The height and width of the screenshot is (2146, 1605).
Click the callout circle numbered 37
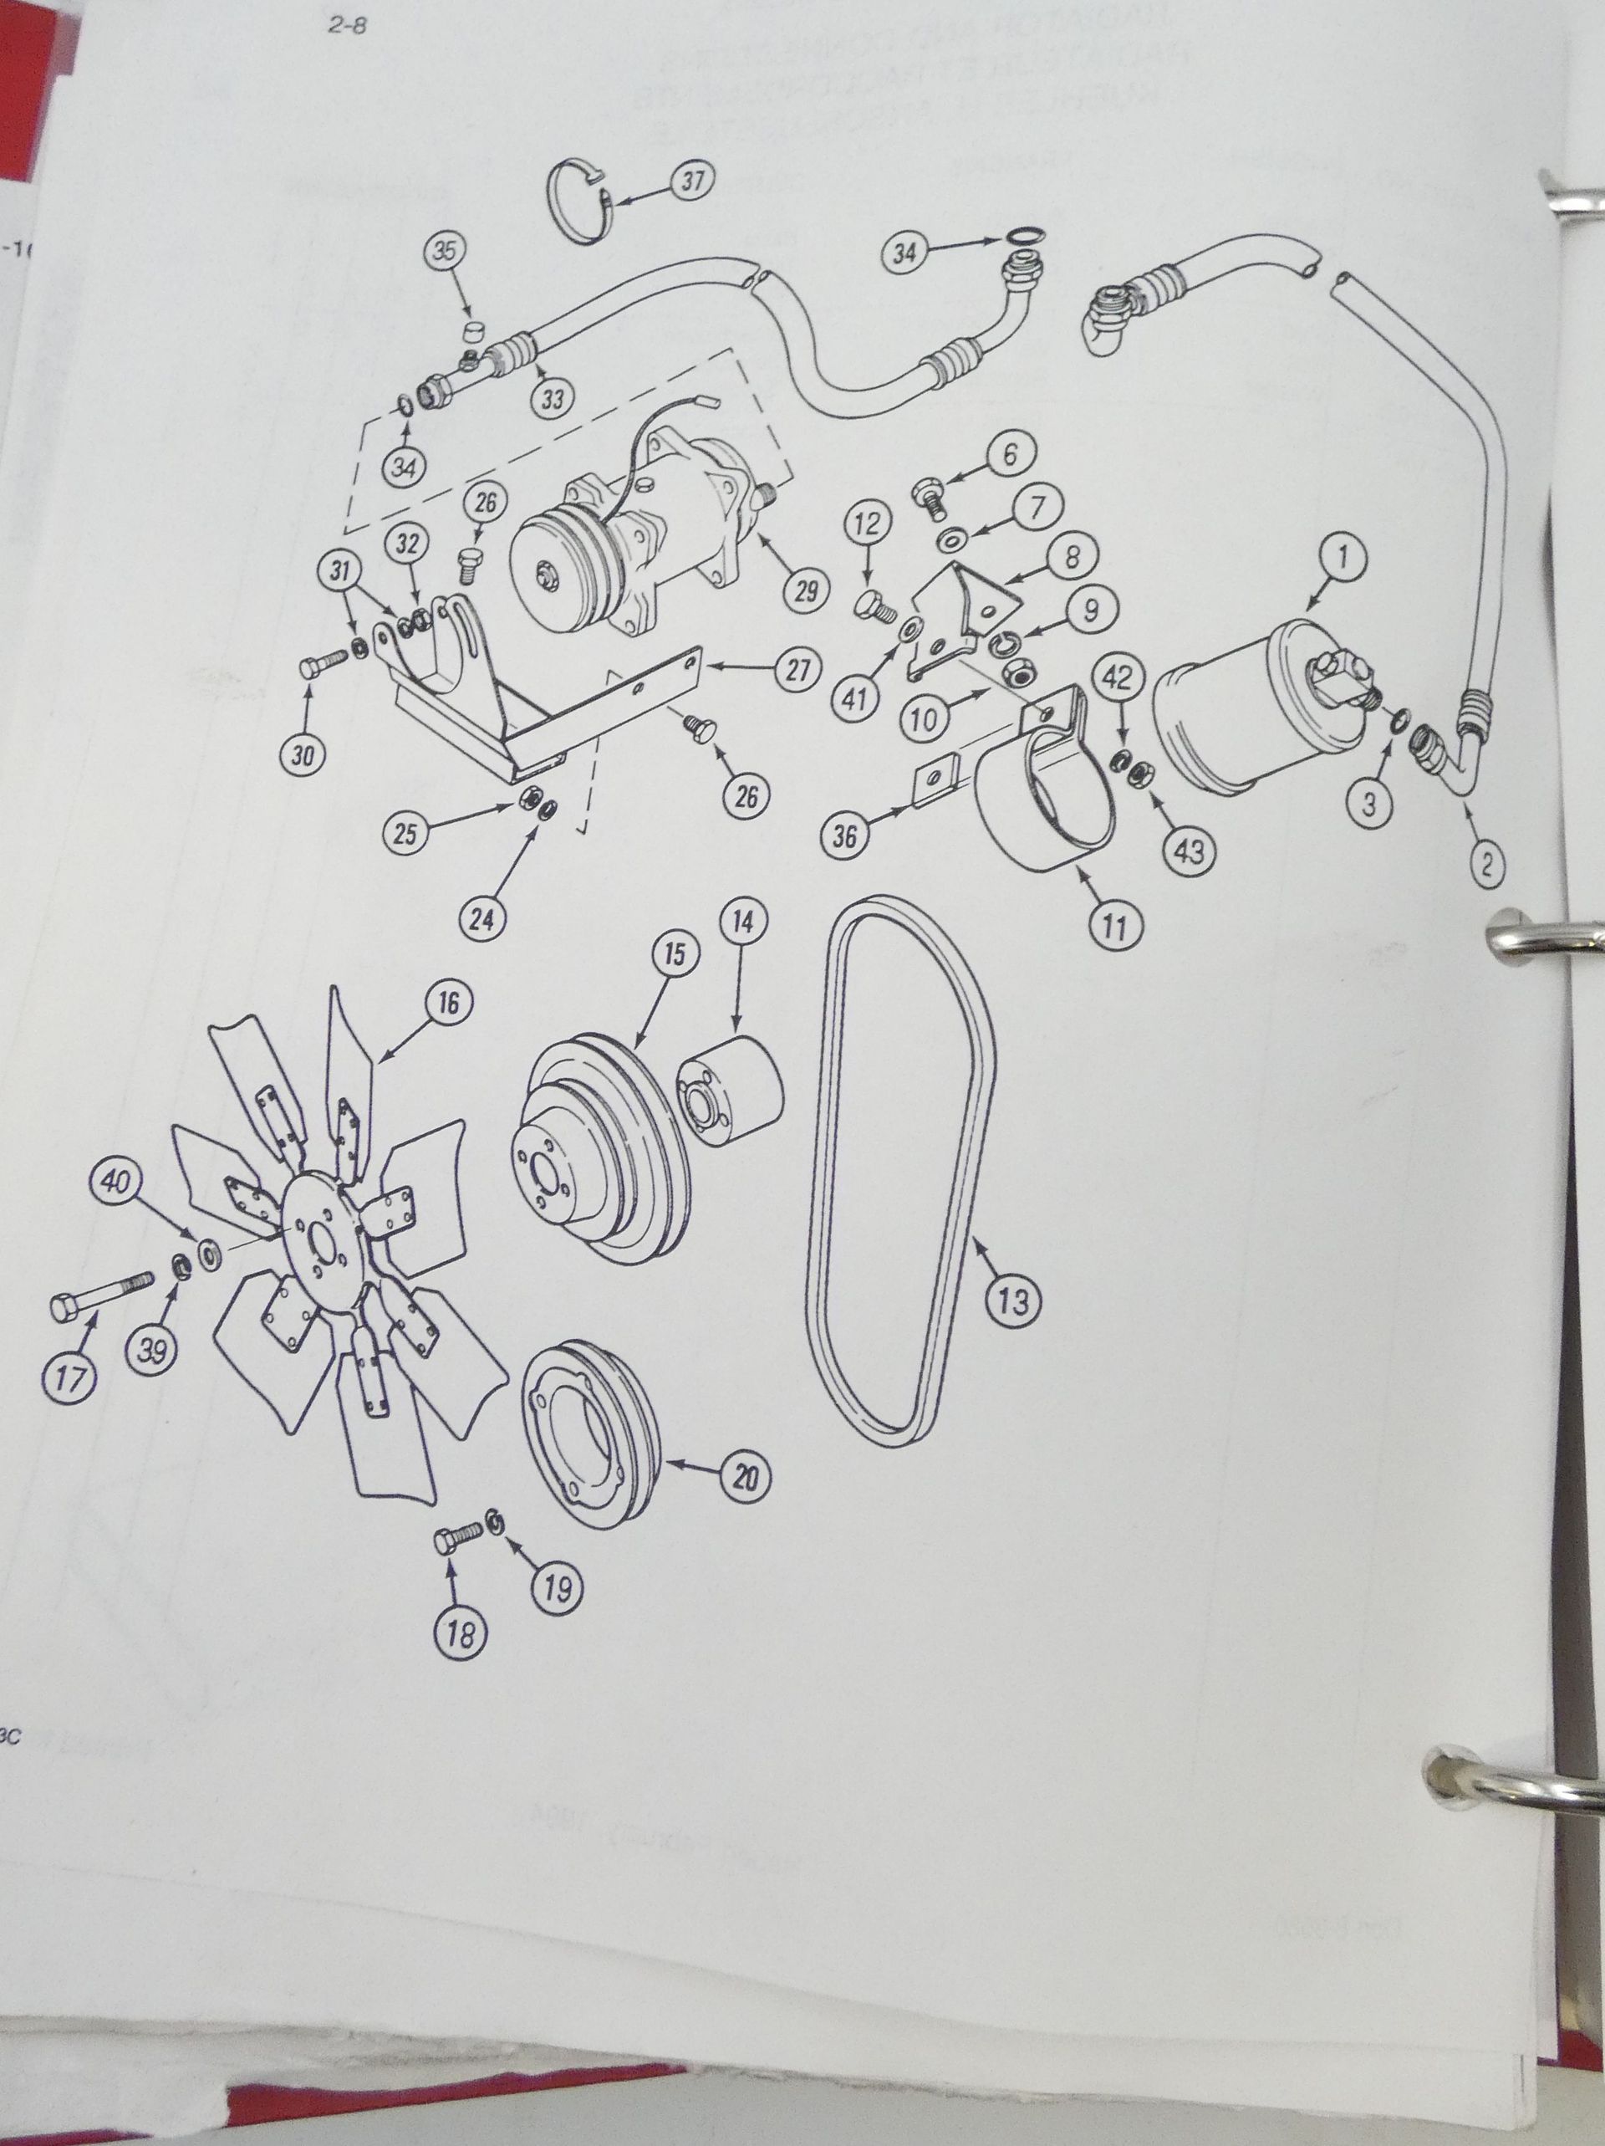[691, 182]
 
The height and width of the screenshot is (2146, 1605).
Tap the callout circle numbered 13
[1011, 1300]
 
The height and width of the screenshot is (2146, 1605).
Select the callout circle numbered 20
[745, 1477]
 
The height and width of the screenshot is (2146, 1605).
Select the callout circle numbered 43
[1189, 850]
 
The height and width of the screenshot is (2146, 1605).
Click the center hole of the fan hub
[315, 1241]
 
